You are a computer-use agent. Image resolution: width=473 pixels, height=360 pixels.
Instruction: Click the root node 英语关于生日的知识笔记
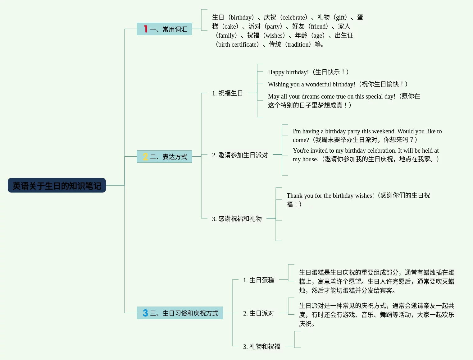57,186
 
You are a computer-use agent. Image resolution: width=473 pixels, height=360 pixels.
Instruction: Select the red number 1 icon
145,29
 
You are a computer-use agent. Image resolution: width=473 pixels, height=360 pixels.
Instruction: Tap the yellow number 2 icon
145,157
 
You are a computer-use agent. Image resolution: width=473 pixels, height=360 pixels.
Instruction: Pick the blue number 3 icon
145,313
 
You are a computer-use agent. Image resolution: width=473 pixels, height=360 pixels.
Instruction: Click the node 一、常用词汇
168,29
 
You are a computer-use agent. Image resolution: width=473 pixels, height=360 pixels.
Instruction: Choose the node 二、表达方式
168,157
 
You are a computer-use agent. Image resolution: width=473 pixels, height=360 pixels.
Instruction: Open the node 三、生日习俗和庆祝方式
184,313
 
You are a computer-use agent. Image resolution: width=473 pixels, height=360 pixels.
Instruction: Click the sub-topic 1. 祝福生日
227,93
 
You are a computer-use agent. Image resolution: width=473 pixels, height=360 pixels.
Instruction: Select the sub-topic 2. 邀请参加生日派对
240,155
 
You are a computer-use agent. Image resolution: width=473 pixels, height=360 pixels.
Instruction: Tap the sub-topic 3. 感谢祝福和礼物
237,219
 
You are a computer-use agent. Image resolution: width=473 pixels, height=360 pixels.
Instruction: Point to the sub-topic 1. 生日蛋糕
258,280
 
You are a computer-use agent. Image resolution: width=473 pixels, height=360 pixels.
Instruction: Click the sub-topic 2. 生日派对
258,313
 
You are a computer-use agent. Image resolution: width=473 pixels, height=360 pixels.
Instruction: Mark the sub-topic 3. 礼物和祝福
262,346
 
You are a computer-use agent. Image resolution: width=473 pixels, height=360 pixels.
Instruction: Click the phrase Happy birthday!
288,72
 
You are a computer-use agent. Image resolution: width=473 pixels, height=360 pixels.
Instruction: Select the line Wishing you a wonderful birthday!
312,84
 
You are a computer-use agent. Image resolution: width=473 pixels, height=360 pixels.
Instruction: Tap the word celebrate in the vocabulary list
294,17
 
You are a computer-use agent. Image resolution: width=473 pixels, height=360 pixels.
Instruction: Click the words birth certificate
238,44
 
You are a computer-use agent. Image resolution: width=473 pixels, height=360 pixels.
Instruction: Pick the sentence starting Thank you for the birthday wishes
330,196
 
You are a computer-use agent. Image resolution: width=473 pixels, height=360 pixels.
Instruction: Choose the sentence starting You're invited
366,151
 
